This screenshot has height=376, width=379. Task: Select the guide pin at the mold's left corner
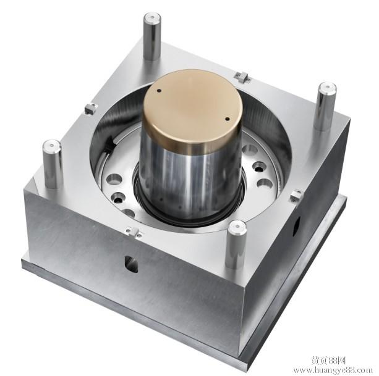coord(52,164)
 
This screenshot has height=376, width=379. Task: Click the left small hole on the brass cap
coord(159,91)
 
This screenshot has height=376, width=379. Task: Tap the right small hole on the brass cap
coord(227,119)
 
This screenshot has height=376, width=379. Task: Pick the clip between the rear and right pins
coord(242,77)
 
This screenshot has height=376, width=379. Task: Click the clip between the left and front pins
coord(132,232)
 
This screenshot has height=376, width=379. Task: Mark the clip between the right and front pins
coord(296,196)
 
